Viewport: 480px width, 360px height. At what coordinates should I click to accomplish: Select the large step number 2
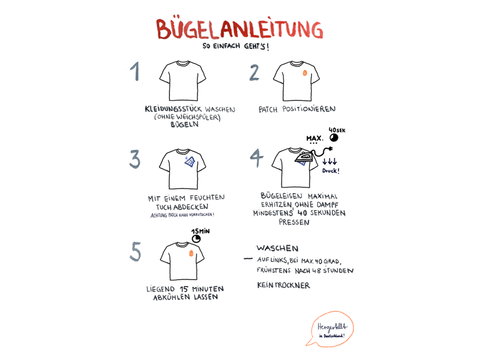pos(254,73)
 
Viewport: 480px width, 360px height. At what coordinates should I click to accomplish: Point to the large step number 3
pos(134,159)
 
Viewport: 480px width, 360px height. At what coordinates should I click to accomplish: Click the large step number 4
pos(257,158)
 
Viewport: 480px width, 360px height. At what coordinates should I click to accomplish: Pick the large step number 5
pos(136,251)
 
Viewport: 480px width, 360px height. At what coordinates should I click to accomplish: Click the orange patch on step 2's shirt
pos(305,73)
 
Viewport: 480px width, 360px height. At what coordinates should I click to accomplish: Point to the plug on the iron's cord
pos(330,149)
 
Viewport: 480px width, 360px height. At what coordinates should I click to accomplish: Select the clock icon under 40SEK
pos(334,138)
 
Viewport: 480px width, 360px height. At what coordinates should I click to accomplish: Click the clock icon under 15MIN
pos(196,238)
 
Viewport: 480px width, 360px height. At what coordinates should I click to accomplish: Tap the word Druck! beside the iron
pos(331,170)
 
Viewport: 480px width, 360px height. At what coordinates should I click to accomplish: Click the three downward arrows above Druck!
pos(329,161)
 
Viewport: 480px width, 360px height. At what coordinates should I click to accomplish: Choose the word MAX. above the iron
pos(314,139)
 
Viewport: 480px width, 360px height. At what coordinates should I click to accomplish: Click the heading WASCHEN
pos(277,248)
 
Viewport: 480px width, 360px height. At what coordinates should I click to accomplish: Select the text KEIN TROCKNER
pos(283,286)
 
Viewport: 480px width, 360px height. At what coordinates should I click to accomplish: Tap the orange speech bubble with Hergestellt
pos(331,329)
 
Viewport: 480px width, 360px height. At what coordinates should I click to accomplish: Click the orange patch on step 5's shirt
pos(191,253)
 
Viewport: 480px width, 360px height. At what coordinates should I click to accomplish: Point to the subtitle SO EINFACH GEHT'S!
pos(236,46)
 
